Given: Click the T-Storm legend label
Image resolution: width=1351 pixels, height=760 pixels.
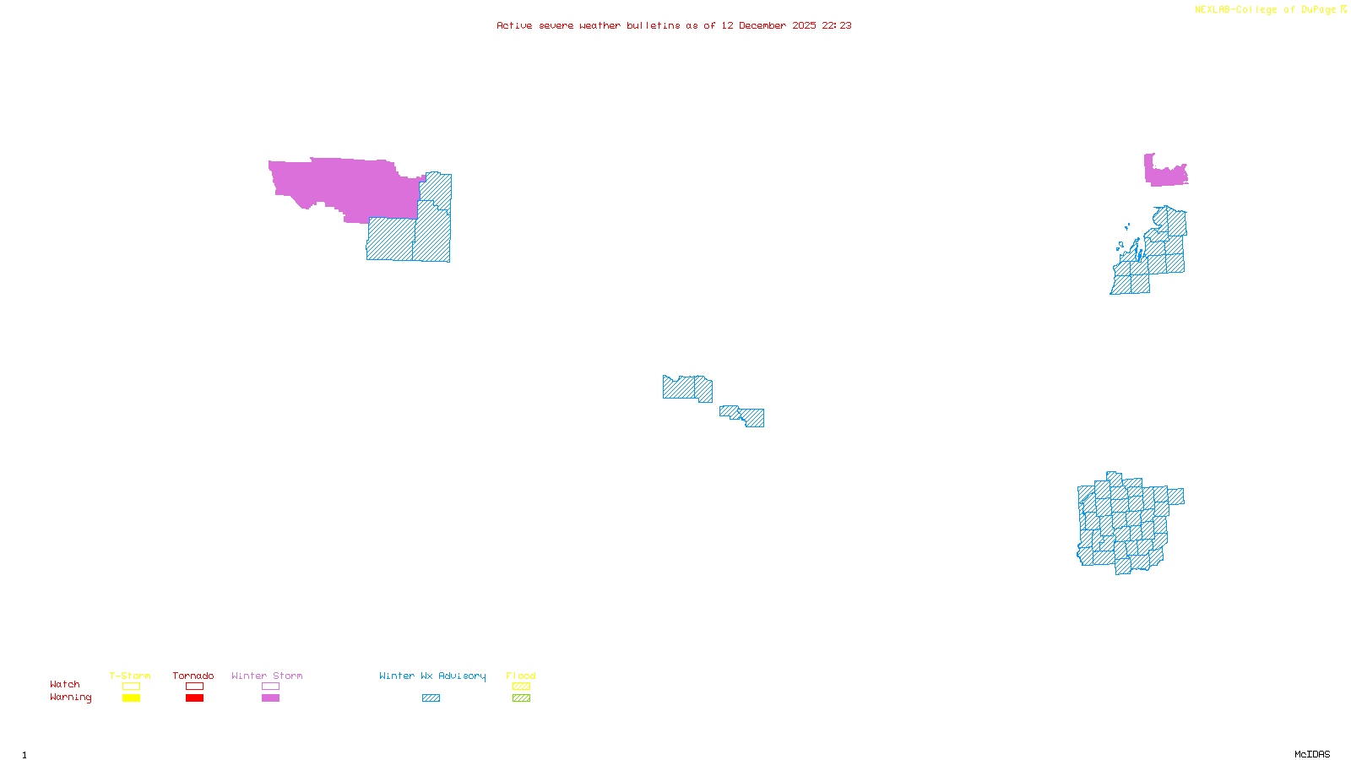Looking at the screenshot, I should click(130, 676).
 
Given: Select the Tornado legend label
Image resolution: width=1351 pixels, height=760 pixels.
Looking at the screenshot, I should click(193, 676).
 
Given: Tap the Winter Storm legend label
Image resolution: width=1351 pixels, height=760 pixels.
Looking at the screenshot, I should click(267, 676).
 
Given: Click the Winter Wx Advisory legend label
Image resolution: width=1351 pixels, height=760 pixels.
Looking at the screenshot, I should click(432, 676).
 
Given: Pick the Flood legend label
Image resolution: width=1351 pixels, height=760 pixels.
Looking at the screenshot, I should click(521, 676).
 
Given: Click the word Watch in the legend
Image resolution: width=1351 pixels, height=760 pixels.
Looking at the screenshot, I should click(65, 684).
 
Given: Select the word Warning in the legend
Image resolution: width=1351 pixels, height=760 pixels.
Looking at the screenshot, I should click(71, 698).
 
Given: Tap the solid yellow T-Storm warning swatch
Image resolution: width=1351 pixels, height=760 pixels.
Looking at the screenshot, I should click(131, 698).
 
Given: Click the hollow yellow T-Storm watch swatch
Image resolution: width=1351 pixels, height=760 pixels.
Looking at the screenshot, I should click(131, 687).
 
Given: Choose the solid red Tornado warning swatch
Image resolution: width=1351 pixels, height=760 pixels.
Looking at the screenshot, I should click(195, 698).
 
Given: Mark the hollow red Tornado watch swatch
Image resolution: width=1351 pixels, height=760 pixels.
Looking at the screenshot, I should click(195, 687).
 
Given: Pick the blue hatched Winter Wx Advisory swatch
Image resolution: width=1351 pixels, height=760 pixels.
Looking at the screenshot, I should click(431, 698).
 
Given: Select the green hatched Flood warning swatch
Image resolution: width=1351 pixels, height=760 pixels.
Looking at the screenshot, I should click(522, 698).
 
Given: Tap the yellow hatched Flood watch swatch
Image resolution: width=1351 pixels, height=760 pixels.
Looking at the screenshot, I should click(522, 687).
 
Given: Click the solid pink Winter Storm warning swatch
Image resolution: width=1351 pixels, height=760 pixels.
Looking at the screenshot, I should click(270, 698).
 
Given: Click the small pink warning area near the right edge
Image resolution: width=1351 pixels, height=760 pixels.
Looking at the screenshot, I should click(1165, 173).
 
